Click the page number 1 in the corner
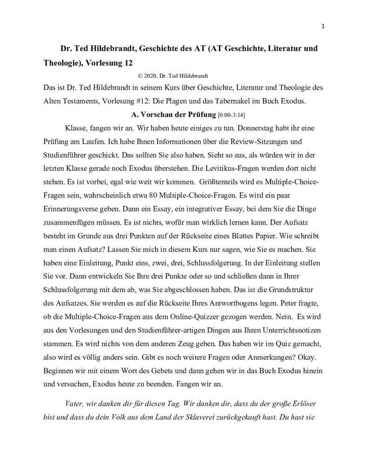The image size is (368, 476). coord(322,26)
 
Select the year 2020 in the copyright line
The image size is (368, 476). coord(151,74)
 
